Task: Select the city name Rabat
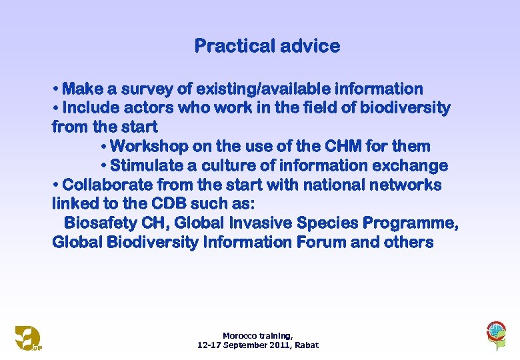(307, 345)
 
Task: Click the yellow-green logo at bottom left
(28, 337)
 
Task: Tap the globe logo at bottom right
(496, 334)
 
